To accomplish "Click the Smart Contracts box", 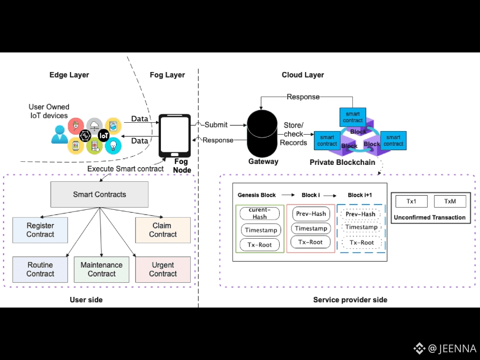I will tap(100, 194).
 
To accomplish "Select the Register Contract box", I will tap(40, 230).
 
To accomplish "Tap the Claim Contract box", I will tap(163, 230).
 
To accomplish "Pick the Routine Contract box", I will tap(40, 269).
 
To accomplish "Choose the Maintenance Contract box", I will tap(101, 269).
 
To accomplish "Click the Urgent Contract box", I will tap(163, 269).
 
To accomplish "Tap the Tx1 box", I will tap(411, 201).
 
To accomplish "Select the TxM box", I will tap(450, 201).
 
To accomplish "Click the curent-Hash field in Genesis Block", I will tap(260, 213).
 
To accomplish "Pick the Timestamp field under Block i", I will tap(311, 228).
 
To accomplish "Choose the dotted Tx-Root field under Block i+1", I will tap(361, 243).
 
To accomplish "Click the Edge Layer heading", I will tap(69, 75).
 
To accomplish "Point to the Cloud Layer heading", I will tap(303, 75).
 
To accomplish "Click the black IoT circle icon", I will tap(104, 136).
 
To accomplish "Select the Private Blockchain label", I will tap(342, 163).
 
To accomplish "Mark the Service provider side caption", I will tap(350, 300).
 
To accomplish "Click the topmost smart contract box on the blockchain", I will tap(353, 117).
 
